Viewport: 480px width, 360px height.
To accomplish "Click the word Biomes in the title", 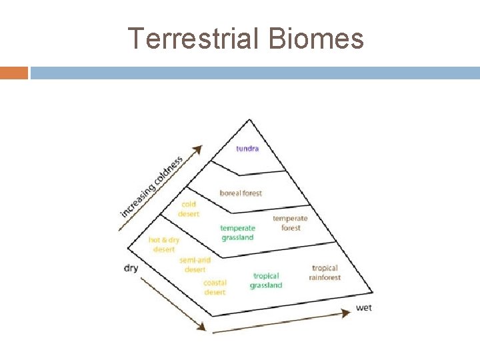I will point(317,39).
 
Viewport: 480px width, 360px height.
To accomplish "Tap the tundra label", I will point(247,148).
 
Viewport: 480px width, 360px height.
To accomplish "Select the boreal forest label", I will point(241,193).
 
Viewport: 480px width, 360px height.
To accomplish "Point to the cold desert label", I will point(188,209).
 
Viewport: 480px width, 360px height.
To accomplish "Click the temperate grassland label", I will point(237,233).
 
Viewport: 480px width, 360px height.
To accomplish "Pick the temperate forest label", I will point(291,223).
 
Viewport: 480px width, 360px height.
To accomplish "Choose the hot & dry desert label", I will point(164,244).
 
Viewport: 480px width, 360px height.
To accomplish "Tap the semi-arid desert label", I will point(195,265).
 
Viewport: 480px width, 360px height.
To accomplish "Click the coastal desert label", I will point(215,287).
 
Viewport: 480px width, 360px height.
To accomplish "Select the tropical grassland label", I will point(266,281).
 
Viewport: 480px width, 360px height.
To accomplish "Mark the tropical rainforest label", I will point(325,273).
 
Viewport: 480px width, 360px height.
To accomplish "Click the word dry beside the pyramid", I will point(131,268).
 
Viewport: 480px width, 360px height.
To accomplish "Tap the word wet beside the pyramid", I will point(363,308).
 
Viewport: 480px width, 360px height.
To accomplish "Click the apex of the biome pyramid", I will point(249,120).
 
